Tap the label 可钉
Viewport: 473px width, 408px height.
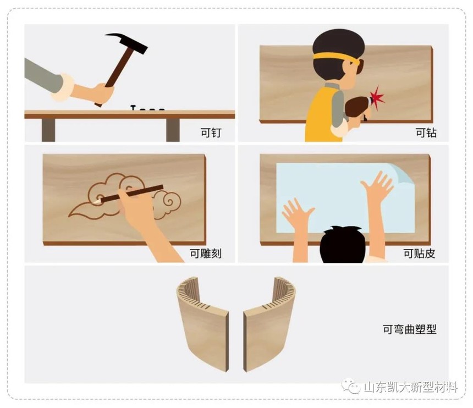(211, 133)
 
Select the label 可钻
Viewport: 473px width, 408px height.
(426, 133)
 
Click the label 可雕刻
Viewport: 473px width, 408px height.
(206, 253)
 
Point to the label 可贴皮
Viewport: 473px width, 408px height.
(420, 253)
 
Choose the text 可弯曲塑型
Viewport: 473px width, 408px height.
(410, 329)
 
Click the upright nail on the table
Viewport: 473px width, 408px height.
(133, 108)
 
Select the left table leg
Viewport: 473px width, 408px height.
(48, 130)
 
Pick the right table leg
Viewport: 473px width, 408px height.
(173, 130)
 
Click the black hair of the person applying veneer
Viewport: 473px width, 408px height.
(343, 245)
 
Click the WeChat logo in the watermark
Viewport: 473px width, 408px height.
(351, 387)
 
